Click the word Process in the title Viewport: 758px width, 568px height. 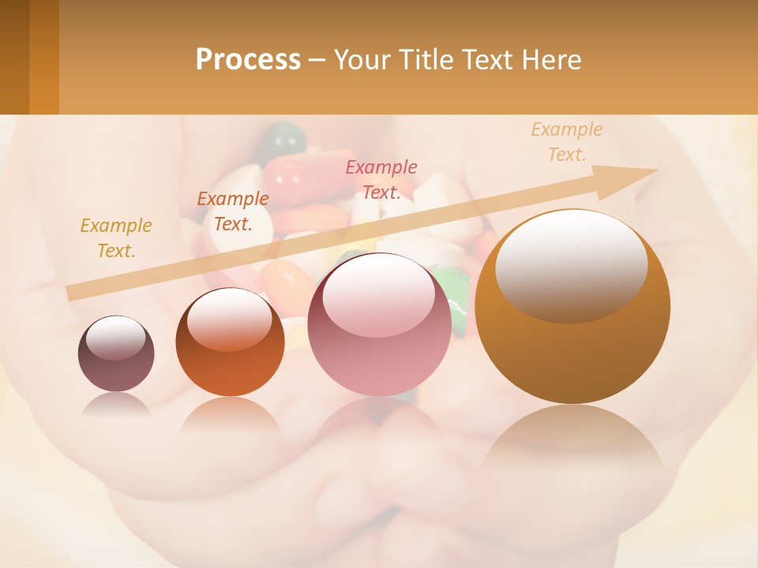click(x=248, y=60)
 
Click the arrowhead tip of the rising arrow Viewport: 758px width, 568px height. click(x=654, y=170)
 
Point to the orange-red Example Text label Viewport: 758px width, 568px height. click(x=233, y=211)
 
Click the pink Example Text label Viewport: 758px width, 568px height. click(x=381, y=179)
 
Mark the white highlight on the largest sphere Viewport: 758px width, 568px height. click(x=571, y=264)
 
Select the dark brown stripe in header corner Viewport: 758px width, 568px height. click(x=14, y=57)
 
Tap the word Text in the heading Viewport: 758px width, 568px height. click(x=487, y=60)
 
